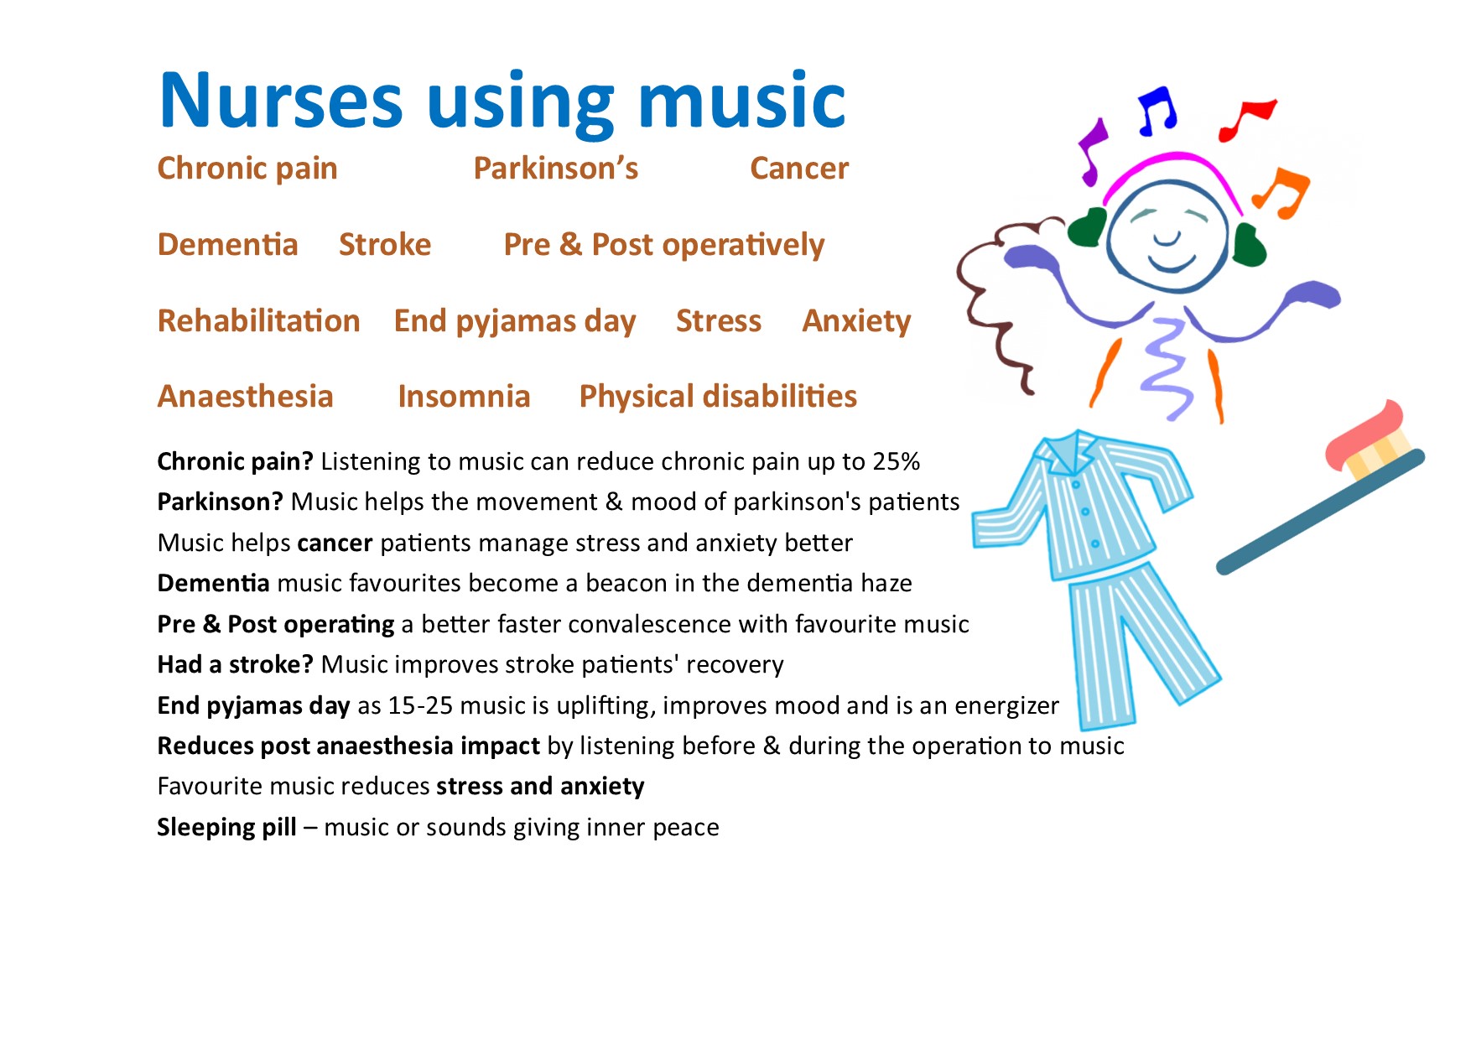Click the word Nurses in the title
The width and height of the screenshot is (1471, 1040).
(x=281, y=101)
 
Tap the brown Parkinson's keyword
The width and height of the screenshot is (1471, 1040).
(x=556, y=169)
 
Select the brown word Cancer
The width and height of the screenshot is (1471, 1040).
(x=799, y=169)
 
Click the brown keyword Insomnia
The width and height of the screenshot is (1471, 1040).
(x=464, y=397)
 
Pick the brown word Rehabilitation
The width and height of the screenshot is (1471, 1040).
(x=259, y=321)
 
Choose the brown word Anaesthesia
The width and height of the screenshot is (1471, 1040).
(x=246, y=397)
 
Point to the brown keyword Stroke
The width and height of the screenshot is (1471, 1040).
(x=385, y=245)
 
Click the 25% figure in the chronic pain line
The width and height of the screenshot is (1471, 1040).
(x=897, y=461)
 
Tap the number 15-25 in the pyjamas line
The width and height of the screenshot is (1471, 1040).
(x=420, y=705)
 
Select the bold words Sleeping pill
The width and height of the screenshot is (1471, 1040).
(x=227, y=828)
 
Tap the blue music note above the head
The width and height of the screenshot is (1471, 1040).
(x=1157, y=111)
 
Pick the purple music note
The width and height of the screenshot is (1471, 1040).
(x=1092, y=151)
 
